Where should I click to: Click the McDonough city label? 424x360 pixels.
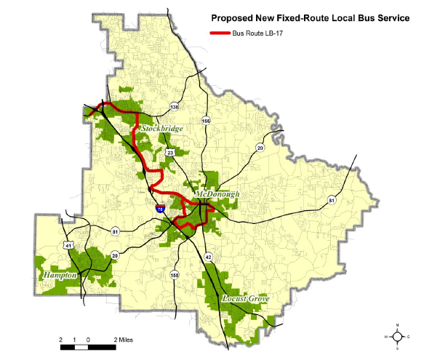tap(218, 195)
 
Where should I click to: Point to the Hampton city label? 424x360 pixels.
tap(60, 276)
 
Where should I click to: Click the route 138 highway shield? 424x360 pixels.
tap(173, 108)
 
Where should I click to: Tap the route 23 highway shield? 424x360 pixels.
tap(169, 152)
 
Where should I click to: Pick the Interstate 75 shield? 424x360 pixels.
tap(159, 208)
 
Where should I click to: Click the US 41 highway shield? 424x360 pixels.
tap(68, 246)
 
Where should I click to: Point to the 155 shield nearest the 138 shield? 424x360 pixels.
tap(206, 121)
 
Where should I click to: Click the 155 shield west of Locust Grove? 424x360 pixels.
tap(174, 274)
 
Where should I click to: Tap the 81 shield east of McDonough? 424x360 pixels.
tap(332, 200)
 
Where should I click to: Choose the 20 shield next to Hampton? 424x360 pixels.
tap(115, 254)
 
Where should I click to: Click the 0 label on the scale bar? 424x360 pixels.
tap(87, 339)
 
